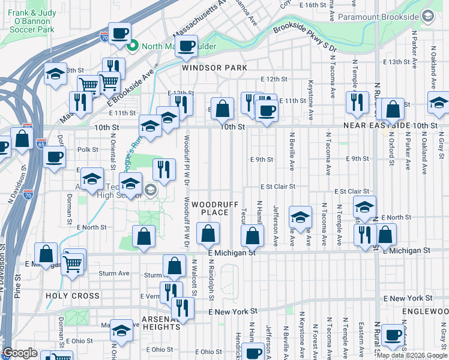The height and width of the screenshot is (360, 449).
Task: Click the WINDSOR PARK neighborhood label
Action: [215, 68]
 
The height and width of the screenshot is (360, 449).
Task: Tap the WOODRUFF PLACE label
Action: [209, 209]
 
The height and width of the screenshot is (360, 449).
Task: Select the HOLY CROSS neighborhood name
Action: [72, 296]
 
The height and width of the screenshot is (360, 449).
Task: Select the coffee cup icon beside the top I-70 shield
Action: [120, 34]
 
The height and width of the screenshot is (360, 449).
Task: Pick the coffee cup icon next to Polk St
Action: [54, 158]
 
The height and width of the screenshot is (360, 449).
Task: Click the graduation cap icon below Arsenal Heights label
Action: [122, 332]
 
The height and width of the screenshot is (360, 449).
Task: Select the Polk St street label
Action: [88, 149]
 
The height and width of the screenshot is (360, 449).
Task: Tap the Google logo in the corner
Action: [20, 353]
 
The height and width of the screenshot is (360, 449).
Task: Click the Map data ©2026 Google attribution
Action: [411, 355]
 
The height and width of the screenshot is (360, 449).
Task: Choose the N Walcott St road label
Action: [194, 277]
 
